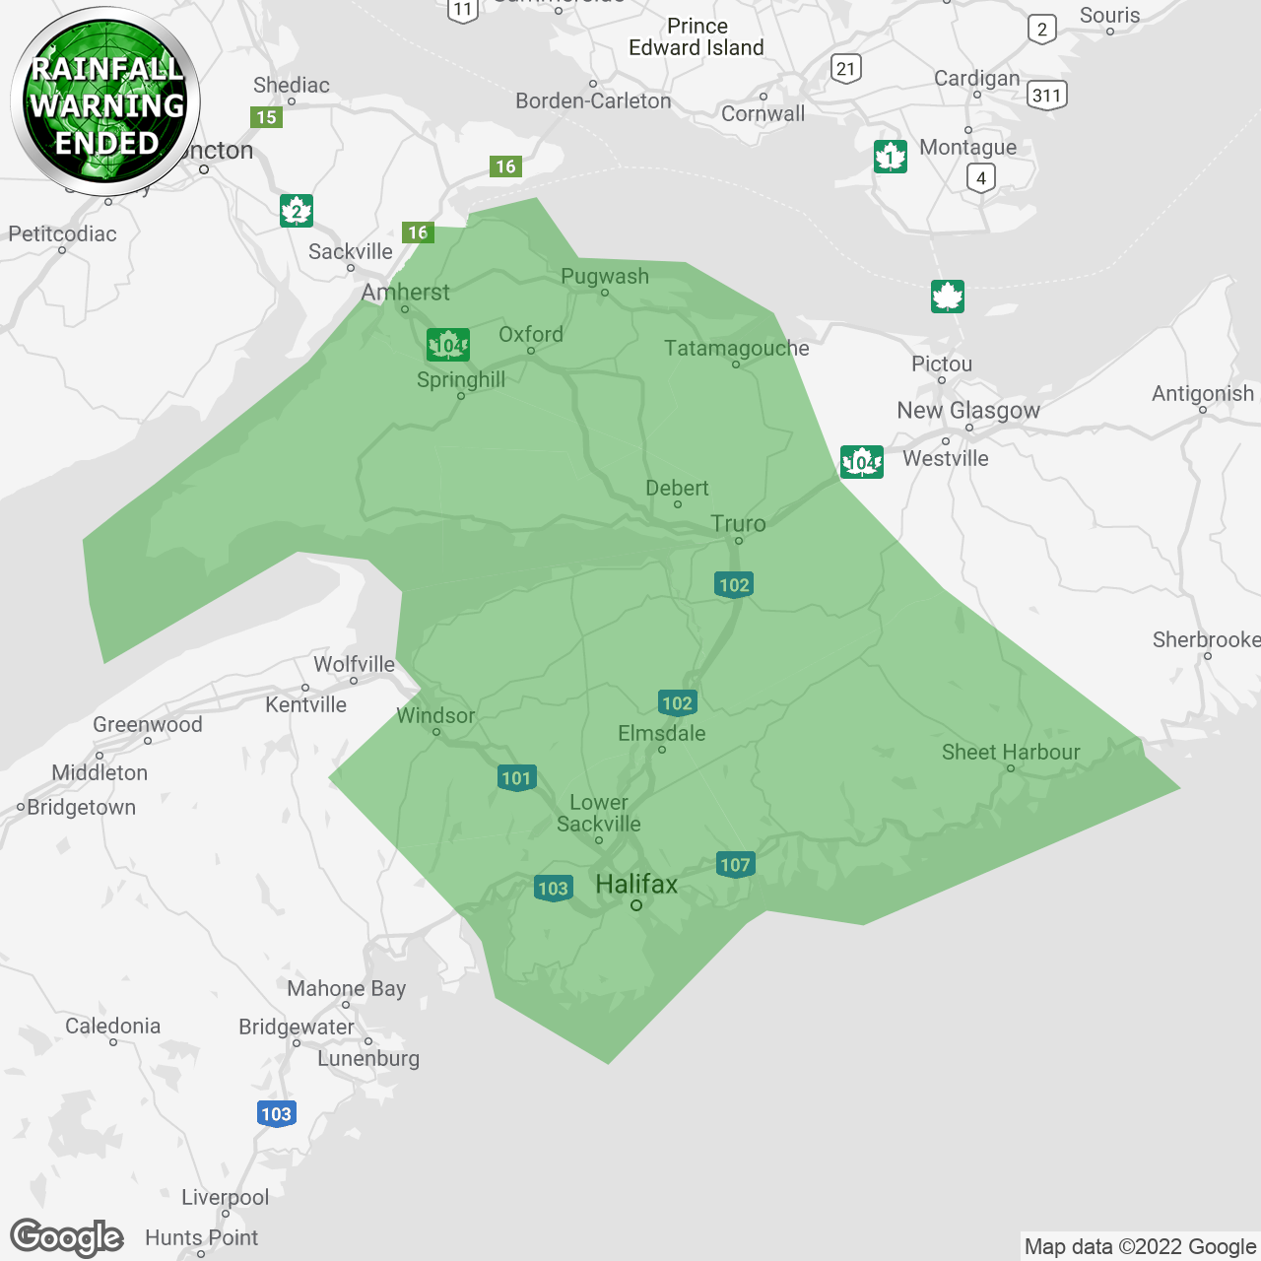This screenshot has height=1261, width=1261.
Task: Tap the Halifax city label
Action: click(636, 885)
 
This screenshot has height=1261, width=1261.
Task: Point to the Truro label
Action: click(738, 523)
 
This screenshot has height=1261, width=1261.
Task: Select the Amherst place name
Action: click(405, 293)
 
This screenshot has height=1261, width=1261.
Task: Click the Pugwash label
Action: click(605, 277)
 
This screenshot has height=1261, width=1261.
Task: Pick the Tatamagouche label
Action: click(736, 349)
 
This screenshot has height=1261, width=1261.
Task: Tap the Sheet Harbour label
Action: click(1011, 753)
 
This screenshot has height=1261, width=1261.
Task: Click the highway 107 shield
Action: click(735, 865)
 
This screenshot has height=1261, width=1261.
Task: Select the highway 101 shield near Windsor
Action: click(516, 778)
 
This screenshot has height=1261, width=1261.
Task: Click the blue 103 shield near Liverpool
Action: click(276, 1114)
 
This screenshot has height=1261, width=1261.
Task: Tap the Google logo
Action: click(67, 1237)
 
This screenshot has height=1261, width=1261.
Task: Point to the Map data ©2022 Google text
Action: click(1140, 1247)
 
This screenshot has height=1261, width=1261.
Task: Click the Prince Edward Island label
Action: click(697, 37)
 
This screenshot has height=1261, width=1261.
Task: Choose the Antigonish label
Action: click(1203, 394)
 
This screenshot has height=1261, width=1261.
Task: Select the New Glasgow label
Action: click(968, 411)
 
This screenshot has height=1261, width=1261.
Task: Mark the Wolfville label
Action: click(354, 665)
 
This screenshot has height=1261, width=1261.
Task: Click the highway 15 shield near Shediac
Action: click(266, 117)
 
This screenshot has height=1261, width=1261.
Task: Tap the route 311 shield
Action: click(1046, 96)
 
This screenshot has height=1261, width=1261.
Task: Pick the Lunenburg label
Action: click(368, 1059)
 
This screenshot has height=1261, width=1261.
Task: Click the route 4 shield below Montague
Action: click(980, 178)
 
